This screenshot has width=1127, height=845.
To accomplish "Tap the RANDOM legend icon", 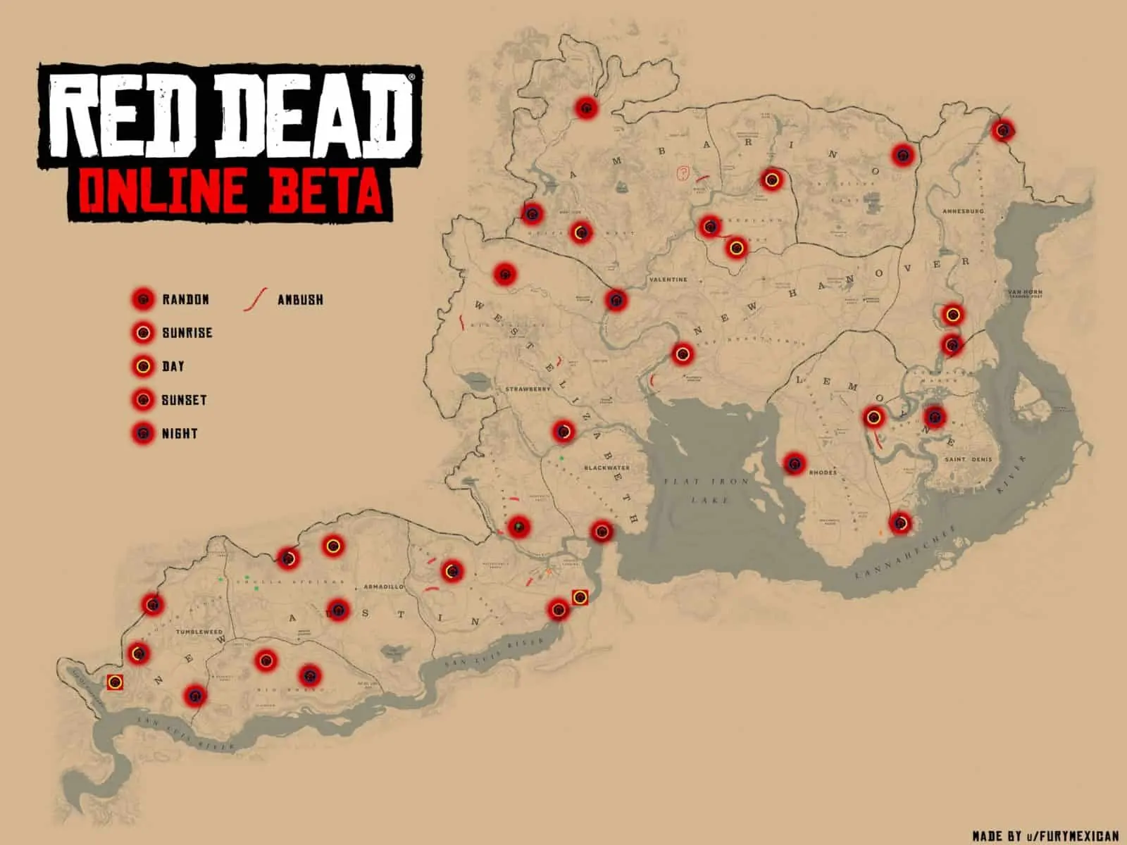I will click(143, 299).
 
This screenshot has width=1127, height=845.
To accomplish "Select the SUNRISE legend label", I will click(187, 332).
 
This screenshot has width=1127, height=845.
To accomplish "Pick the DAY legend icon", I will click(143, 366).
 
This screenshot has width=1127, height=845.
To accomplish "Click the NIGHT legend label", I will click(179, 434).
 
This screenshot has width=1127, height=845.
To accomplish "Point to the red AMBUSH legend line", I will click(254, 299).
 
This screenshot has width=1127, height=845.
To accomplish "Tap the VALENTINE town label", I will click(668, 280).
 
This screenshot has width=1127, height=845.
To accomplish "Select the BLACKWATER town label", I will click(607, 468).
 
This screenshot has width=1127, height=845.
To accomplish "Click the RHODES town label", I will click(823, 472).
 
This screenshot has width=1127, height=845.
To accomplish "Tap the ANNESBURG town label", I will click(963, 211).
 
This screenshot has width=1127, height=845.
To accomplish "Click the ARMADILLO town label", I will click(384, 587).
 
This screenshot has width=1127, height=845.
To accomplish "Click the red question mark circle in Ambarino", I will click(682, 173).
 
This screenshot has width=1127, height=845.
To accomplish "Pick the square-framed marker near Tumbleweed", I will click(115, 682).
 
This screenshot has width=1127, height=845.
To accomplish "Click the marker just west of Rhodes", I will click(795, 463).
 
